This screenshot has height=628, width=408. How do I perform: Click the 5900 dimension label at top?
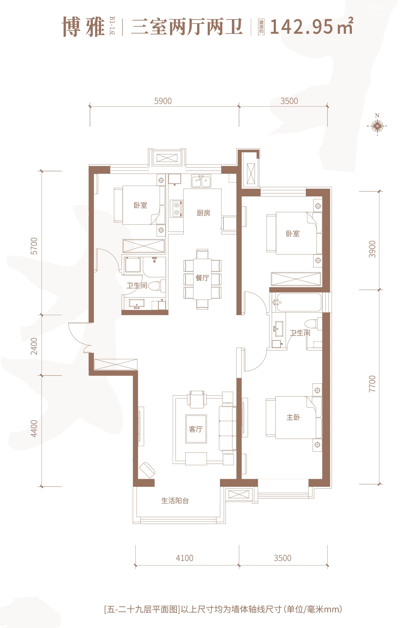(163, 101)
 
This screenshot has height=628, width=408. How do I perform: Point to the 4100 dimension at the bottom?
(184, 558)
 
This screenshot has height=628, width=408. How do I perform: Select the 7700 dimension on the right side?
(372, 384)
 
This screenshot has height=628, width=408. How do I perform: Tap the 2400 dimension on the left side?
(34, 346)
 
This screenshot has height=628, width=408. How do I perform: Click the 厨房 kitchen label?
(203, 213)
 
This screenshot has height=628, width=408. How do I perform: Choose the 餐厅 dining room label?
(202, 278)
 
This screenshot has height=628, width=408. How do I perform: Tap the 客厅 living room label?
(196, 429)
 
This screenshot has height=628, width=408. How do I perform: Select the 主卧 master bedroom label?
(293, 417)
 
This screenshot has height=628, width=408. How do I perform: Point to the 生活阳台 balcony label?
(175, 501)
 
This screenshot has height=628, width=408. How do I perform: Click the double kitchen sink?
(201, 181)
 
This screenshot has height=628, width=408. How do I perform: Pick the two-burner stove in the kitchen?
(176, 208)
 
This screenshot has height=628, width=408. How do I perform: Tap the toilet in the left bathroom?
(157, 286)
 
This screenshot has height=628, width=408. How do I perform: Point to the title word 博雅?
(83, 27)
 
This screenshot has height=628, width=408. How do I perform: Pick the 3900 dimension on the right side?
(372, 249)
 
